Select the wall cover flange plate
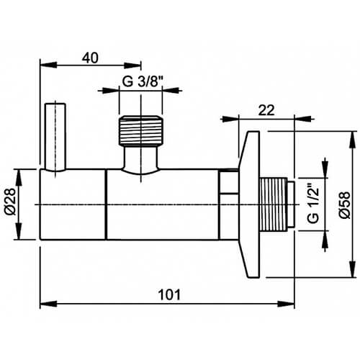click(x=251, y=205)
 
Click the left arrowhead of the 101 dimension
click(x=42, y=302)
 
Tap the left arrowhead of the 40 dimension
click(x=42, y=67)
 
